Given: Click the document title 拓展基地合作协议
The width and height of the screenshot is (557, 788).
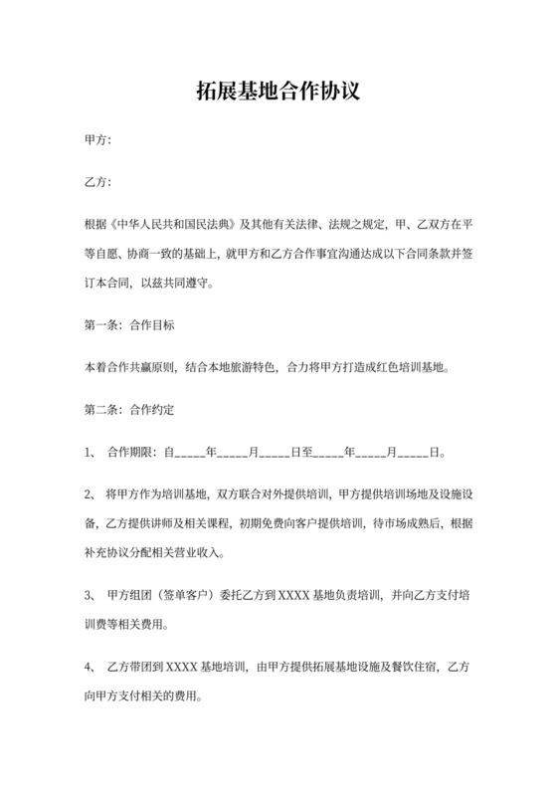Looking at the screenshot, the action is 278,93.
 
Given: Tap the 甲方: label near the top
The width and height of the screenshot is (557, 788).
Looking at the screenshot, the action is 98,141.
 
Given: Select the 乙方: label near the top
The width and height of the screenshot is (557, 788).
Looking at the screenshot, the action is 98,182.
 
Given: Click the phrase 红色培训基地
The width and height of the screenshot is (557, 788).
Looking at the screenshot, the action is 405,366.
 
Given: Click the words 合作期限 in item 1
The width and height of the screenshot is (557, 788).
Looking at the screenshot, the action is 132,450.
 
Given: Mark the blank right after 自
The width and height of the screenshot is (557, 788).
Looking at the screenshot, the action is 189,451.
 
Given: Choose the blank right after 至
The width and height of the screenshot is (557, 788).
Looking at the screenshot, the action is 328,451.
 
